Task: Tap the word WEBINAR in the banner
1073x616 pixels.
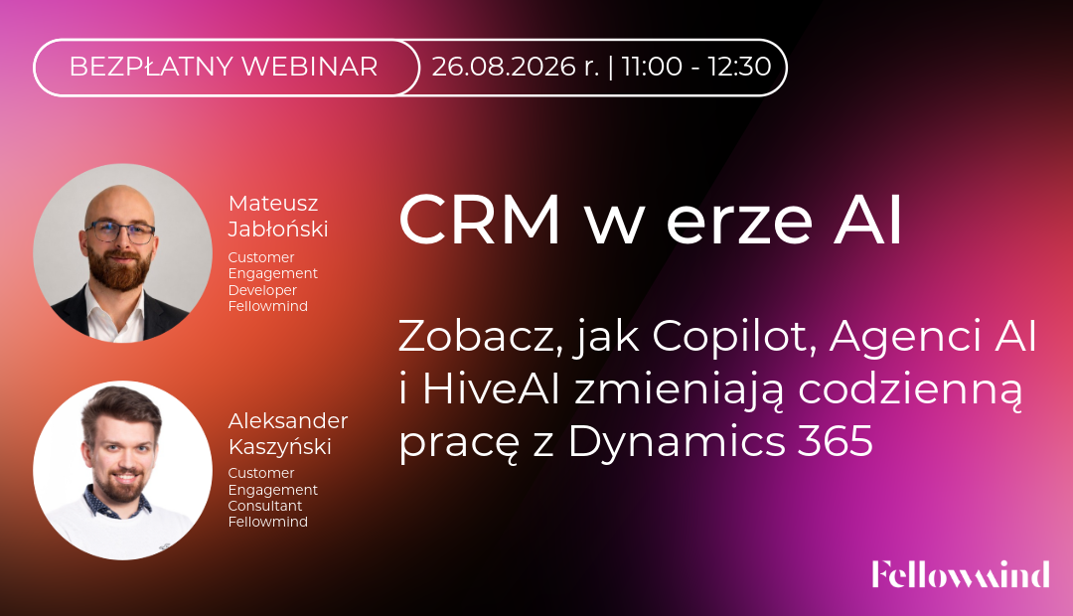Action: [310, 67]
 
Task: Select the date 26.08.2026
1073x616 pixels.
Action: [504, 67]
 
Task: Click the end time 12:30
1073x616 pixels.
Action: [740, 67]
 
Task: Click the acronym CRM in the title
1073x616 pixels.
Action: [480, 220]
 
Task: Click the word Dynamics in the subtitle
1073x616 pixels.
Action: [677, 442]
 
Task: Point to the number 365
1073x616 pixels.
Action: [835, 441]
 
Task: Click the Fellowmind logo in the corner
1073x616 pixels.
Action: [961, 574]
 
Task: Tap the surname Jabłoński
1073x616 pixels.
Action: [278, 230]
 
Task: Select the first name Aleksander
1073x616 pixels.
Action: [288, 420]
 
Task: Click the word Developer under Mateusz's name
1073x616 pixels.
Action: [262, 291]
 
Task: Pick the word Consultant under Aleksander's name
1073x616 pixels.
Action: [265, 506]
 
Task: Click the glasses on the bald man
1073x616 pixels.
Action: [120, 231]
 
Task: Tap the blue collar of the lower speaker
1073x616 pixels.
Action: [115, 503]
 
